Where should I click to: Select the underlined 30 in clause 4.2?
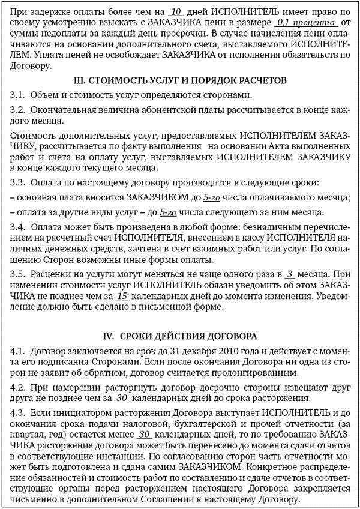pos(122,398)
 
